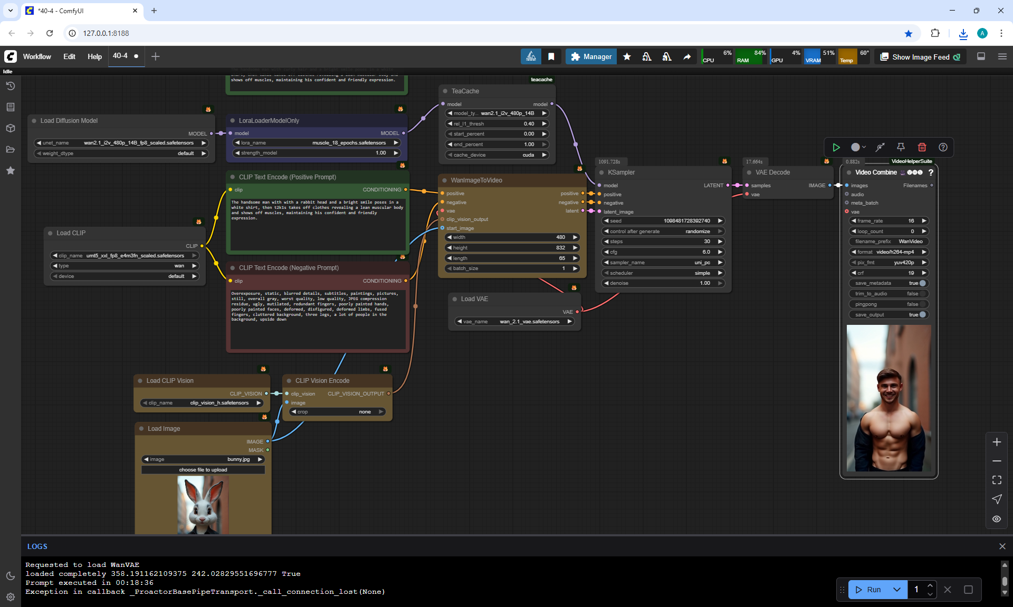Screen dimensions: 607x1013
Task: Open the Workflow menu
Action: click(37, 56)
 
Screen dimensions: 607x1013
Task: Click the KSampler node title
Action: click(621, 172)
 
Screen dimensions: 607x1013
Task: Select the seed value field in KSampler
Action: click(663, 221)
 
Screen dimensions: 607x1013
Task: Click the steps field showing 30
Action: click(663, 242)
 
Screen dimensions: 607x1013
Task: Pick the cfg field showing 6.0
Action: click(663, 252)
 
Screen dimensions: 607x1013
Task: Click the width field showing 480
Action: click(512, 237)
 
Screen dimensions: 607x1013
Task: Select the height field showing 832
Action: click(512, 248)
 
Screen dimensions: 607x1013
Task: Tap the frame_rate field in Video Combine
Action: click(888, 221)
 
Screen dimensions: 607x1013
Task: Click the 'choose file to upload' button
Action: click(203, 470)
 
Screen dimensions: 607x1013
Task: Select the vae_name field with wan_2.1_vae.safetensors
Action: click(514, 322)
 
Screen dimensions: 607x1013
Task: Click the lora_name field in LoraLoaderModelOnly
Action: click(317, 143)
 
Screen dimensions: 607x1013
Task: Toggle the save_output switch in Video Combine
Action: click(922, 315)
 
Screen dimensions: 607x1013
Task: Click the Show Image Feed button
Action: click(920, 57)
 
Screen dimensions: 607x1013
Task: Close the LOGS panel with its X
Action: click(1002, 546)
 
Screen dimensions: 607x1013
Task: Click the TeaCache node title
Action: click(465, 91)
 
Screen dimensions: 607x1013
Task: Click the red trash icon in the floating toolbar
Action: click(922, 147)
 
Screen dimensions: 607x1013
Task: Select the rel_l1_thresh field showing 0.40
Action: click(496, 124)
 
